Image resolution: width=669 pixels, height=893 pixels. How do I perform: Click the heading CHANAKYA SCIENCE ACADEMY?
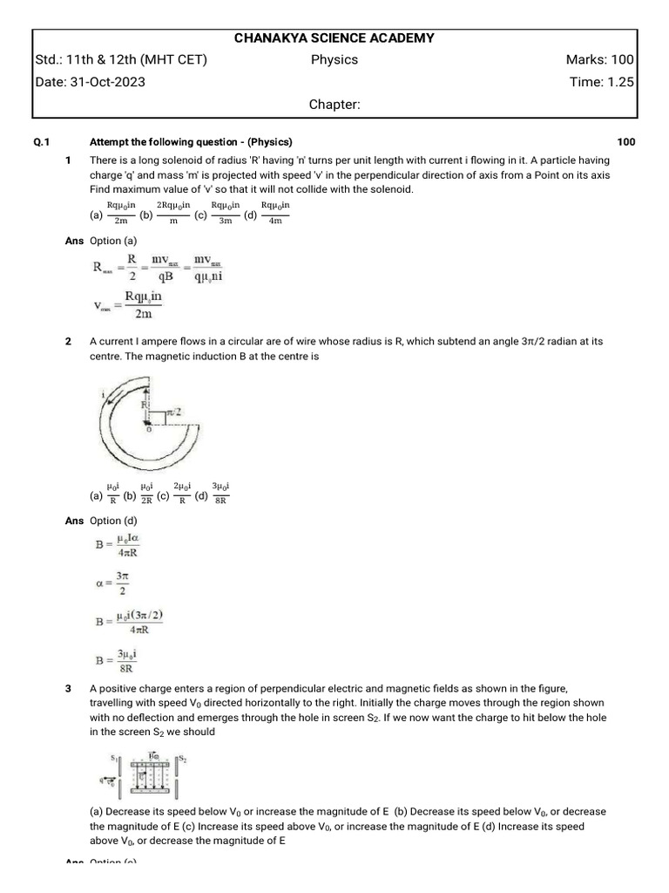tap(334, 38)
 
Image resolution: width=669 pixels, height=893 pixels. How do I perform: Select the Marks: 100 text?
tap(599, 60)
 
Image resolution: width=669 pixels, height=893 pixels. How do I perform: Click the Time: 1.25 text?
tap(601, 82)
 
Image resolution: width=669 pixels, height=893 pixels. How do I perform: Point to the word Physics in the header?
tap(334, 60)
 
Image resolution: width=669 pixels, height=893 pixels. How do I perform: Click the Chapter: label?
tap(334, 105)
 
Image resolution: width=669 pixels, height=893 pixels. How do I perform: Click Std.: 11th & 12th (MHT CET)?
tap(121, 60)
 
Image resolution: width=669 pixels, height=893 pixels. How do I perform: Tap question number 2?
tap(68, 342)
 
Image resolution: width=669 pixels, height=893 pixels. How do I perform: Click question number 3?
tap(68, 689)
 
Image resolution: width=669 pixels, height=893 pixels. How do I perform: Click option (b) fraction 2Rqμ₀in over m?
tap(172, 214)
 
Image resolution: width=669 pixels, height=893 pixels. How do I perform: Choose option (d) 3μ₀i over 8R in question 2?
tap(220, 494)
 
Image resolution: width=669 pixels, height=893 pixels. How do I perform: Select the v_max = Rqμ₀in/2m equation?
tap(128, 305)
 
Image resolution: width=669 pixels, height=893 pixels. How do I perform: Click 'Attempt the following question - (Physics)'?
tap(191, 142)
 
